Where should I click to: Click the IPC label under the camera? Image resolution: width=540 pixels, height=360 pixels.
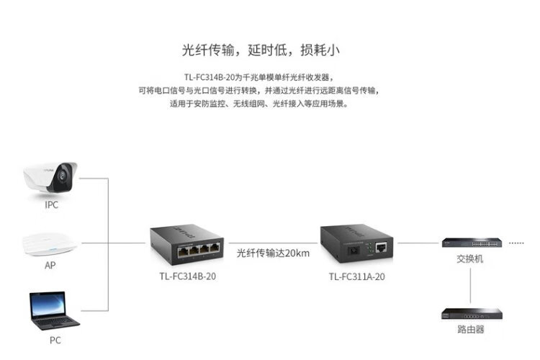(51, 205)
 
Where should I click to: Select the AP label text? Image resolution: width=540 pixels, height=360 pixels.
(50, 265)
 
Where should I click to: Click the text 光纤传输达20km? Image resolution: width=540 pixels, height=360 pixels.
(274, 253)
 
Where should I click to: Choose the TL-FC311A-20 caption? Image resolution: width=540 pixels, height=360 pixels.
(357, 276)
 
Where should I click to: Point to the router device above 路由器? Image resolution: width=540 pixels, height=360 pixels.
(469, 314)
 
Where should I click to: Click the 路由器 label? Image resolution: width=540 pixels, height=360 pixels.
(470, 329)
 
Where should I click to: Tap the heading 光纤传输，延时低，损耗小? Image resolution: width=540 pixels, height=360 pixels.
(261, 50)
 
